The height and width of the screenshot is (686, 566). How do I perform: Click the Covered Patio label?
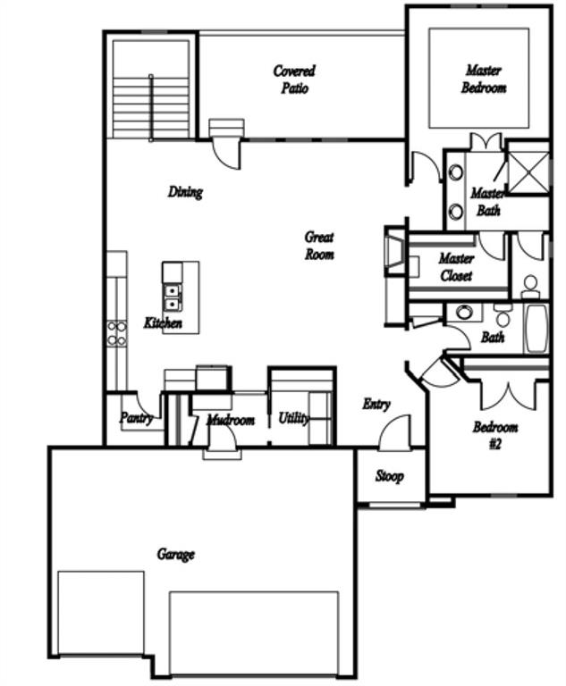[294, 79]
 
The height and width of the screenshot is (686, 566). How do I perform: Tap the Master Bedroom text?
[483, 79]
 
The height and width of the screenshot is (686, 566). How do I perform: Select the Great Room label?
[319, 246]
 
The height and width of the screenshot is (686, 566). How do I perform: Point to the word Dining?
[185, 192]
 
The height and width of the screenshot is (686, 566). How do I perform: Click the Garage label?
[175, 555]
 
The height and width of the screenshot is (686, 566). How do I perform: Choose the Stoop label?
[389, 476]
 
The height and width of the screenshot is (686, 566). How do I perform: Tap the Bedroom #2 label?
[495, 435]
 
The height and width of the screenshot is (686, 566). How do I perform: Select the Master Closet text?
[455, 267]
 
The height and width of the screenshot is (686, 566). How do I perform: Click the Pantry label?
[136, 418]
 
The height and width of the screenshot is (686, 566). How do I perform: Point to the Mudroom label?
[231, 420]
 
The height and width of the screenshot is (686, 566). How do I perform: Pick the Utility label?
[292, 418]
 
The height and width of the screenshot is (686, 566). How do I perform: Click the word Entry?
[376, 405]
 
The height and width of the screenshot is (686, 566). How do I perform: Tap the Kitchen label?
[163, 322]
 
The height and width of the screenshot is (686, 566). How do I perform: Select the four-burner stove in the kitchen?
[117, 333]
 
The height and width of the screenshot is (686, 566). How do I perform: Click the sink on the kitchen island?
[171, 297]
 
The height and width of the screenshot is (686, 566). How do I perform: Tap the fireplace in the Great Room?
[394, 253]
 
